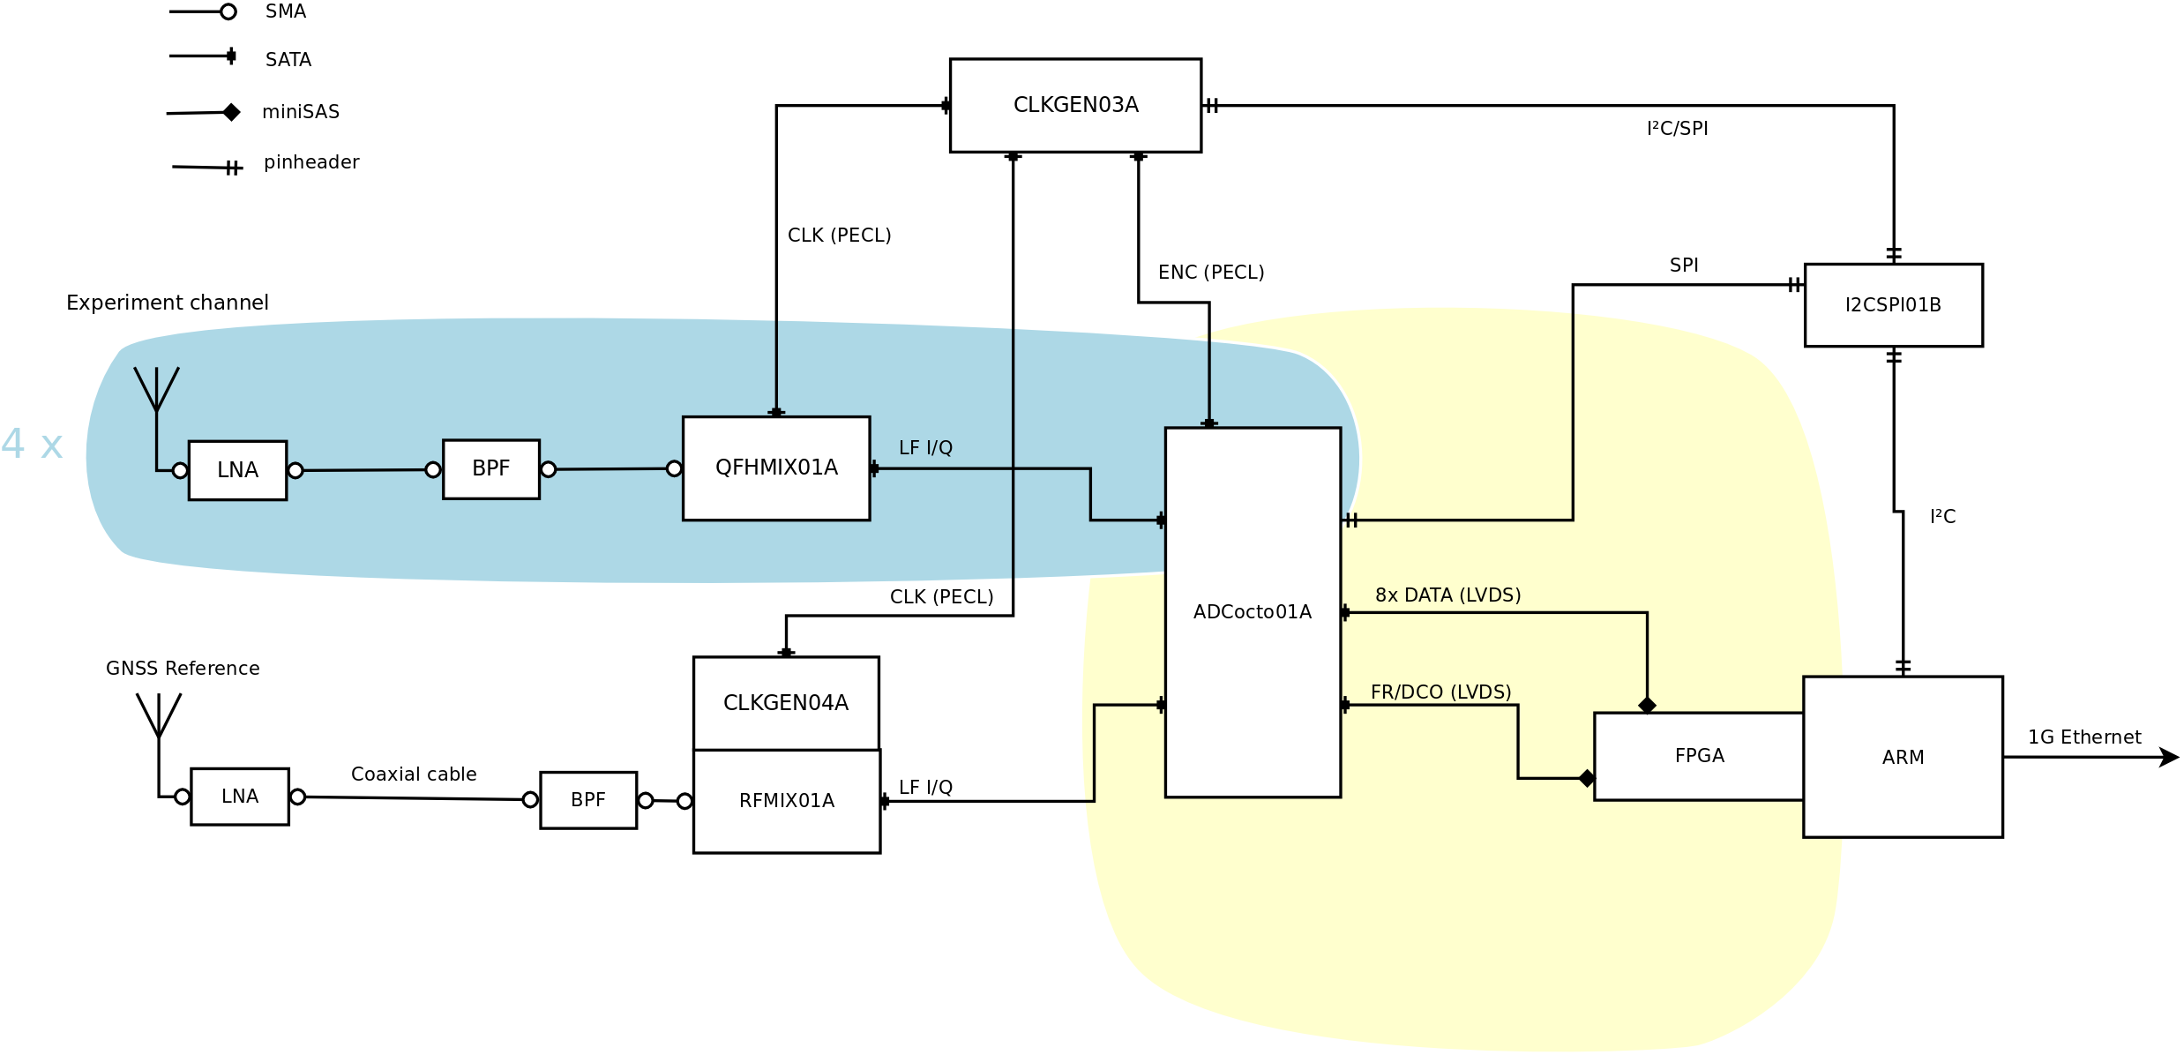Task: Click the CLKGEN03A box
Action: coord(1075,106)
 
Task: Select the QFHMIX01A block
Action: coord(776,468)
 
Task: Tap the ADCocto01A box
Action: coord(1253,612)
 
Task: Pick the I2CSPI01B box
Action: coord(1893,305)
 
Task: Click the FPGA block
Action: coord(1699,756)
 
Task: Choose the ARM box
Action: coord(1903,757)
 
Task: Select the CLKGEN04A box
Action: coord(786,703)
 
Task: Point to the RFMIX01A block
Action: coord(787,801)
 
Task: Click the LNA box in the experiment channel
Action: coord(237,470)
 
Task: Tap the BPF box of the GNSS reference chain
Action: coord(588,800)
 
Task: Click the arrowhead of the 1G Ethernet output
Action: coord(2169,757)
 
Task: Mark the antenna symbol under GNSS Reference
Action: coord(159,716)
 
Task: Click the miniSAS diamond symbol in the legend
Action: coord(232,112)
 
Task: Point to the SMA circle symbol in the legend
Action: coord(228,11)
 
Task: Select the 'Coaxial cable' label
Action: coord(414,774)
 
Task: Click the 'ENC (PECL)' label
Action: coord(1211,273)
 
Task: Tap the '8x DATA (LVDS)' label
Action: coord(1447,595)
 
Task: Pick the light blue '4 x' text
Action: coord(32,445)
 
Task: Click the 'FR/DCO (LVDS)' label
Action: coord(1440,692)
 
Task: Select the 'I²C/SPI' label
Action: coord(1677,129)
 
